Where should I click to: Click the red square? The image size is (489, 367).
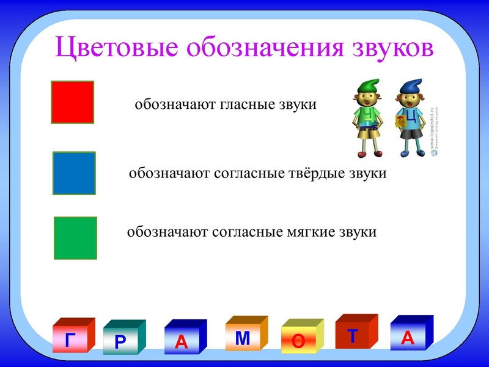(72, 102)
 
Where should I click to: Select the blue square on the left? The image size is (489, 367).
(74, 173)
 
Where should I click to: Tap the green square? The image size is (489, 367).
(75, 238)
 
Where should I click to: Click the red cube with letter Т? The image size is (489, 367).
(355, 334)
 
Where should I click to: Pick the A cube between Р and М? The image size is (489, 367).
(184, 339)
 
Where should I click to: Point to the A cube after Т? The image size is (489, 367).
(410, 335)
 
